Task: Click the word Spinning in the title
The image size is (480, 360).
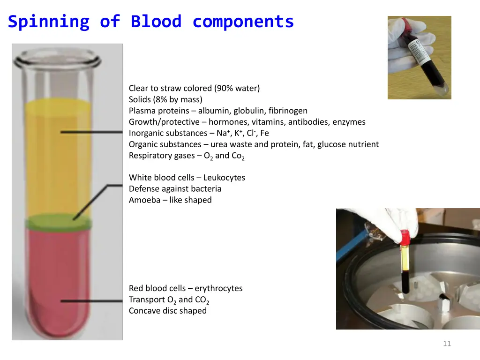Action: [x=48, y=22]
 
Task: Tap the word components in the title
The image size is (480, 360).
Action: [x=243, y=22]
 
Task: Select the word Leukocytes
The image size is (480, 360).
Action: [x=224, y=178]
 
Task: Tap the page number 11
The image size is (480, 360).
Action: [x=447, y=344]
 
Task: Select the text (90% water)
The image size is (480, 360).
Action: [x=237, y=88]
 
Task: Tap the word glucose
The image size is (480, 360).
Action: [x=332, y=144]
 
